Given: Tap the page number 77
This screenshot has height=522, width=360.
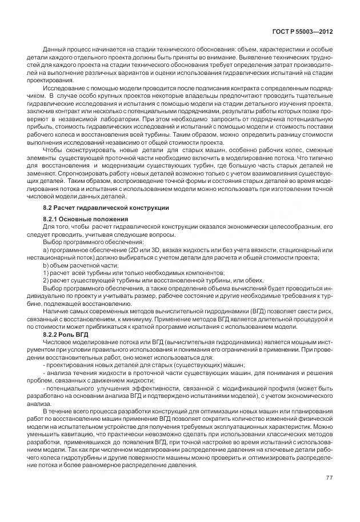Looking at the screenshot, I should [329, 477].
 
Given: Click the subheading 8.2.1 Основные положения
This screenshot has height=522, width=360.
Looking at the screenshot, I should [85, 219].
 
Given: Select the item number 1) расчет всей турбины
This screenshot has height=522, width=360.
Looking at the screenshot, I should [46, 273].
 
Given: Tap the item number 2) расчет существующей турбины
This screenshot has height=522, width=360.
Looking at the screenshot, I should [46, 280].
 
